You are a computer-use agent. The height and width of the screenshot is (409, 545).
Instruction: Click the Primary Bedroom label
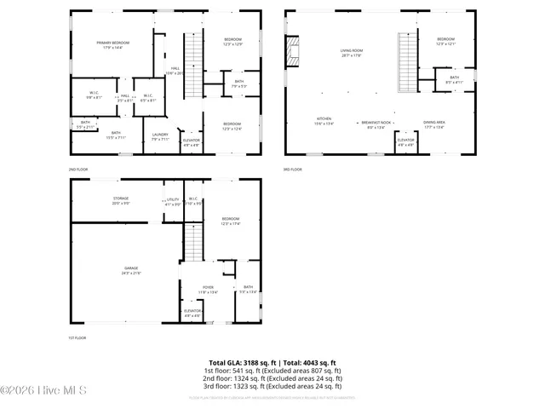pyautogui.click(x=112, y=43)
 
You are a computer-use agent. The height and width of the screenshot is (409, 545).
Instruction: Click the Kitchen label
pyautogui.click(x=324, y=119)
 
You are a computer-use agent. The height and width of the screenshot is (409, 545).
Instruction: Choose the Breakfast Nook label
pyautogui.click(x=376, y=123)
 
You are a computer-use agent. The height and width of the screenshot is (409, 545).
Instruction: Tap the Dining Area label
pyautogui.click(x=433, y=123)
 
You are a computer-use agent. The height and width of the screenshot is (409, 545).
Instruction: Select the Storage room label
pyautogui.click(x=121, y=199)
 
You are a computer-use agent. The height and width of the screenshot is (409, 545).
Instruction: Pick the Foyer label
pyautogui.click(x=208, y=288)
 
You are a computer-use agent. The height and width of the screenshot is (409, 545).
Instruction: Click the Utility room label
pyautogui.click(x=172, y=199)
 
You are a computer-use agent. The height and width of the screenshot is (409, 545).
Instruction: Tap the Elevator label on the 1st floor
pyautogui.click(x=192, y=311)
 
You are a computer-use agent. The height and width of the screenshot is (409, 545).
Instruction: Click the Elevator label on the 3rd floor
pyautogui.click(x=405, y=140)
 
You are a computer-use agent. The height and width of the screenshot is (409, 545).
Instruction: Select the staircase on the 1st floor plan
pyautogui.click(x=194, y=242)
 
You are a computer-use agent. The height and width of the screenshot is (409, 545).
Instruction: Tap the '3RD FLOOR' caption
pyautogui.click(x=292, y=169)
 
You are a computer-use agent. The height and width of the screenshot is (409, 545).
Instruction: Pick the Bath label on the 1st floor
pyautogui.click(x=248, y=287)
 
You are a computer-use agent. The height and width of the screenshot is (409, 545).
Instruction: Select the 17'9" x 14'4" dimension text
pyautogui.click(x=112, y=48)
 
